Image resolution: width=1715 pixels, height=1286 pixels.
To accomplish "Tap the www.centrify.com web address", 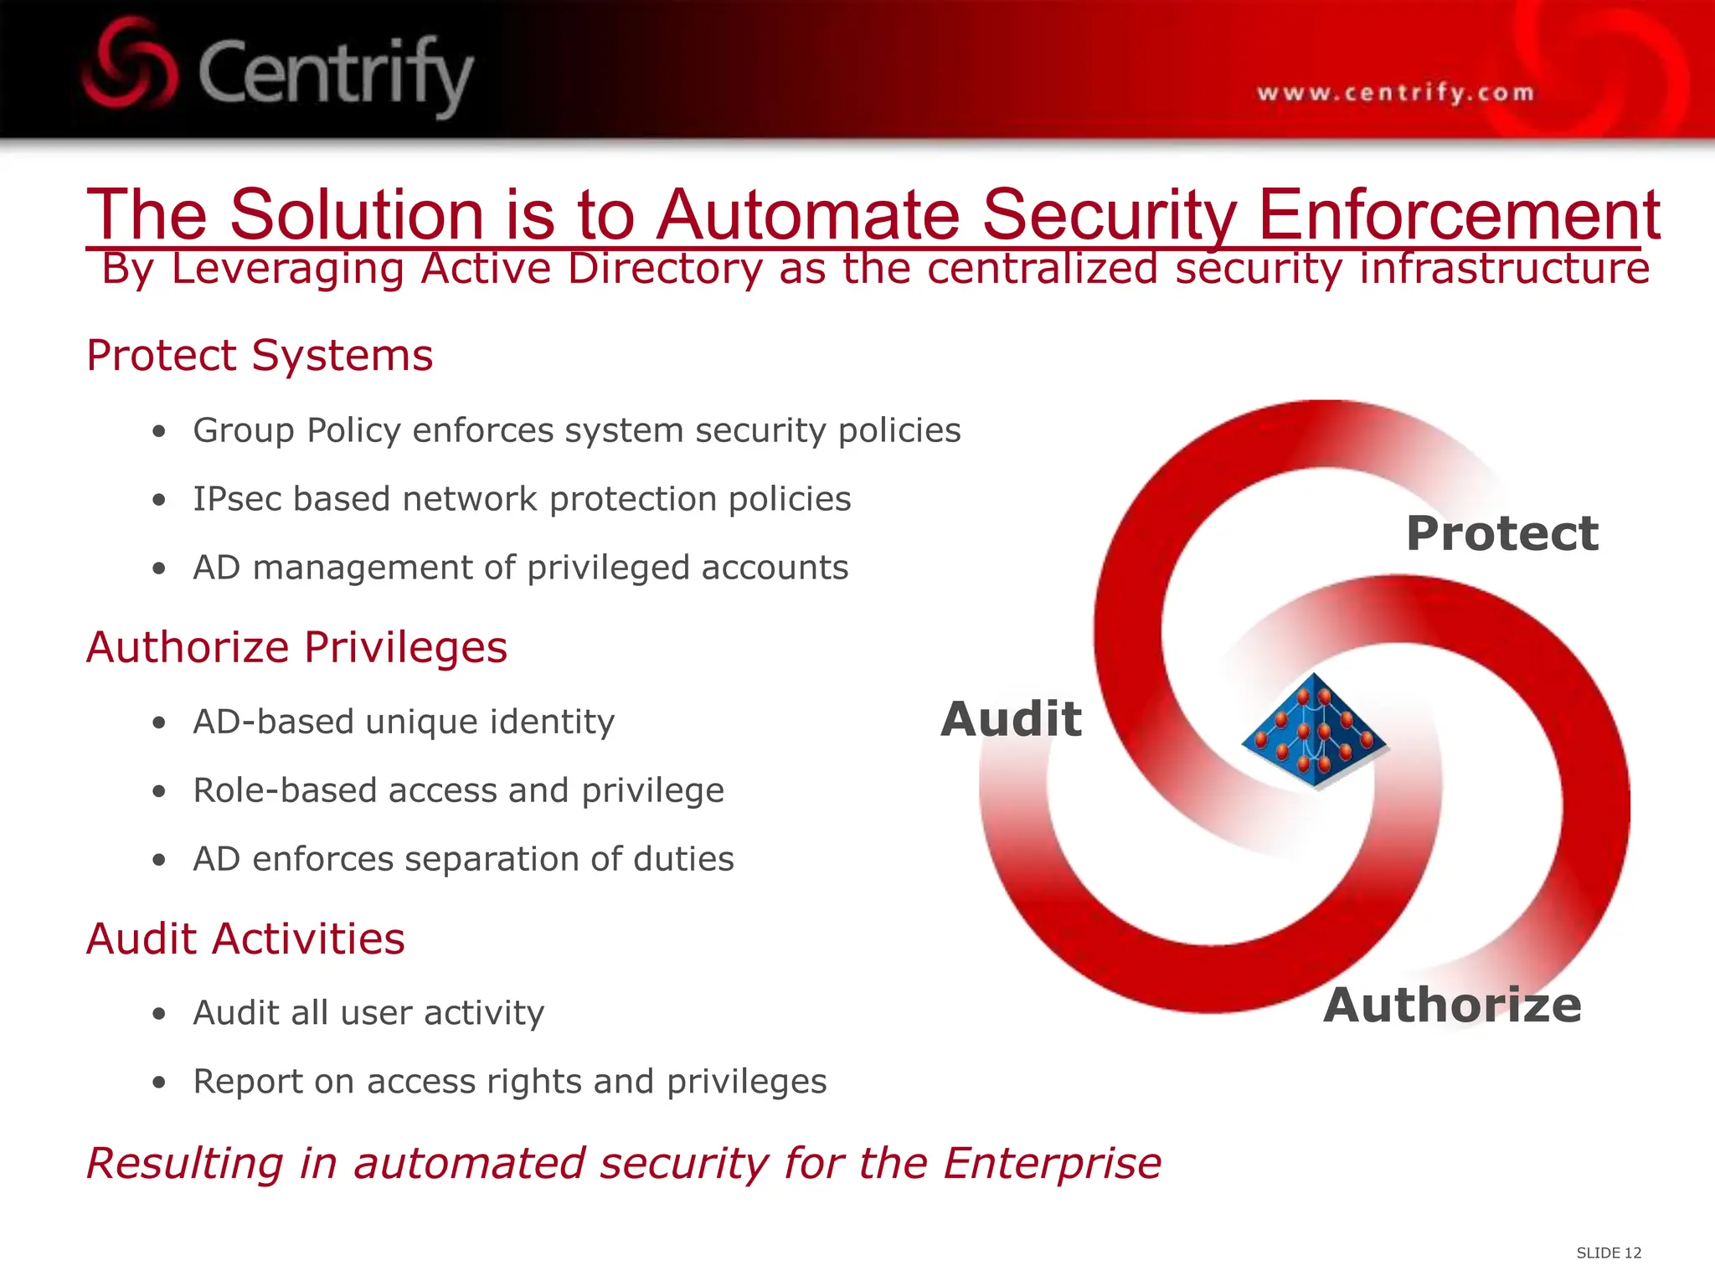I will pos(1395,92).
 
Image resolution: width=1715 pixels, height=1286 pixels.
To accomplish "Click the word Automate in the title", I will pos(807,214).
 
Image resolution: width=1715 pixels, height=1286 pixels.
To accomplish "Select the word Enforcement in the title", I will pos(1459,214).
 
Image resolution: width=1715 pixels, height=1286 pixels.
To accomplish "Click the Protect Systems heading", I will pos(260,355).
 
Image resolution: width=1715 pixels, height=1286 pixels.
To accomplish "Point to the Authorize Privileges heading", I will pos(296,647).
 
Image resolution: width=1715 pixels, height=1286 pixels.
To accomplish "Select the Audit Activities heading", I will pos(245,939).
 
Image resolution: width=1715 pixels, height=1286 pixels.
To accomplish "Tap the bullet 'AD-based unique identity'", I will pos(404,722).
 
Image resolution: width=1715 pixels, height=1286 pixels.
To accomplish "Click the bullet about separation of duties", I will pos(463,859).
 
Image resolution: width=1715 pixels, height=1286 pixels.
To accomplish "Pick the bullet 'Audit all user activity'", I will pos(368,1013).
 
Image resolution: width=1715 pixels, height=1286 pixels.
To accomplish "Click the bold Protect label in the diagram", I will pos(1501,533).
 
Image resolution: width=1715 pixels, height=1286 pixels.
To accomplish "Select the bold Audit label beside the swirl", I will pos(1011,719).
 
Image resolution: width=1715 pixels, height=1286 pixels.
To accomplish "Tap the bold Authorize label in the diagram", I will pos(1452,1005).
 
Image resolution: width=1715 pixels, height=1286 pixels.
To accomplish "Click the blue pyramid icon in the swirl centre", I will pos(1313,731).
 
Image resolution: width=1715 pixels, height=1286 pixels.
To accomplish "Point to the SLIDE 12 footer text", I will pos(1609,1253).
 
